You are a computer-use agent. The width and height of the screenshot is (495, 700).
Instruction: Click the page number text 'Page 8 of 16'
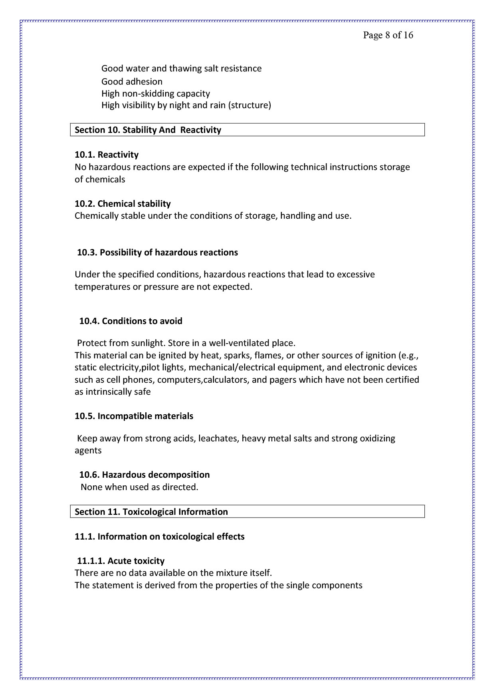point(388,35)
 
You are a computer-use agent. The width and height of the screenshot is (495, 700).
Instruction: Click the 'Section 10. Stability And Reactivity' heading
point(148,130)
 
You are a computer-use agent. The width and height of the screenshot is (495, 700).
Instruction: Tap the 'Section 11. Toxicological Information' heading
point(151,512)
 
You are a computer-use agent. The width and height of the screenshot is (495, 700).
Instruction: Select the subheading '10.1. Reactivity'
point(107,155)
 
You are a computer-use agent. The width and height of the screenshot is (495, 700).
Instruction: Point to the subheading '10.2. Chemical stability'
point(123,204)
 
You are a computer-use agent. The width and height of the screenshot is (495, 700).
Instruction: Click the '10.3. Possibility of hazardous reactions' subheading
point(157,253)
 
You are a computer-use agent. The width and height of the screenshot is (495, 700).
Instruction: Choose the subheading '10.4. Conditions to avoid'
point(131,321)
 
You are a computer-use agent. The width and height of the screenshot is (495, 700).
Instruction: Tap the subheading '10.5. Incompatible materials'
point(134,416)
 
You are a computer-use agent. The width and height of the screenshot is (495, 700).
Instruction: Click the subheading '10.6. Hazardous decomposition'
point(144,475)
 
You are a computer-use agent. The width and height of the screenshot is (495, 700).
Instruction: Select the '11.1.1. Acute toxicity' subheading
point(121,561)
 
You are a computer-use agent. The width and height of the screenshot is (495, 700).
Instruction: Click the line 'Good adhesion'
point(132,82)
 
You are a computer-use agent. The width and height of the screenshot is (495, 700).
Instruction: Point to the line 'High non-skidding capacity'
point(155,94)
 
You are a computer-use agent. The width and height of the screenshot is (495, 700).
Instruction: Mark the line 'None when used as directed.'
point(139,487)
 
